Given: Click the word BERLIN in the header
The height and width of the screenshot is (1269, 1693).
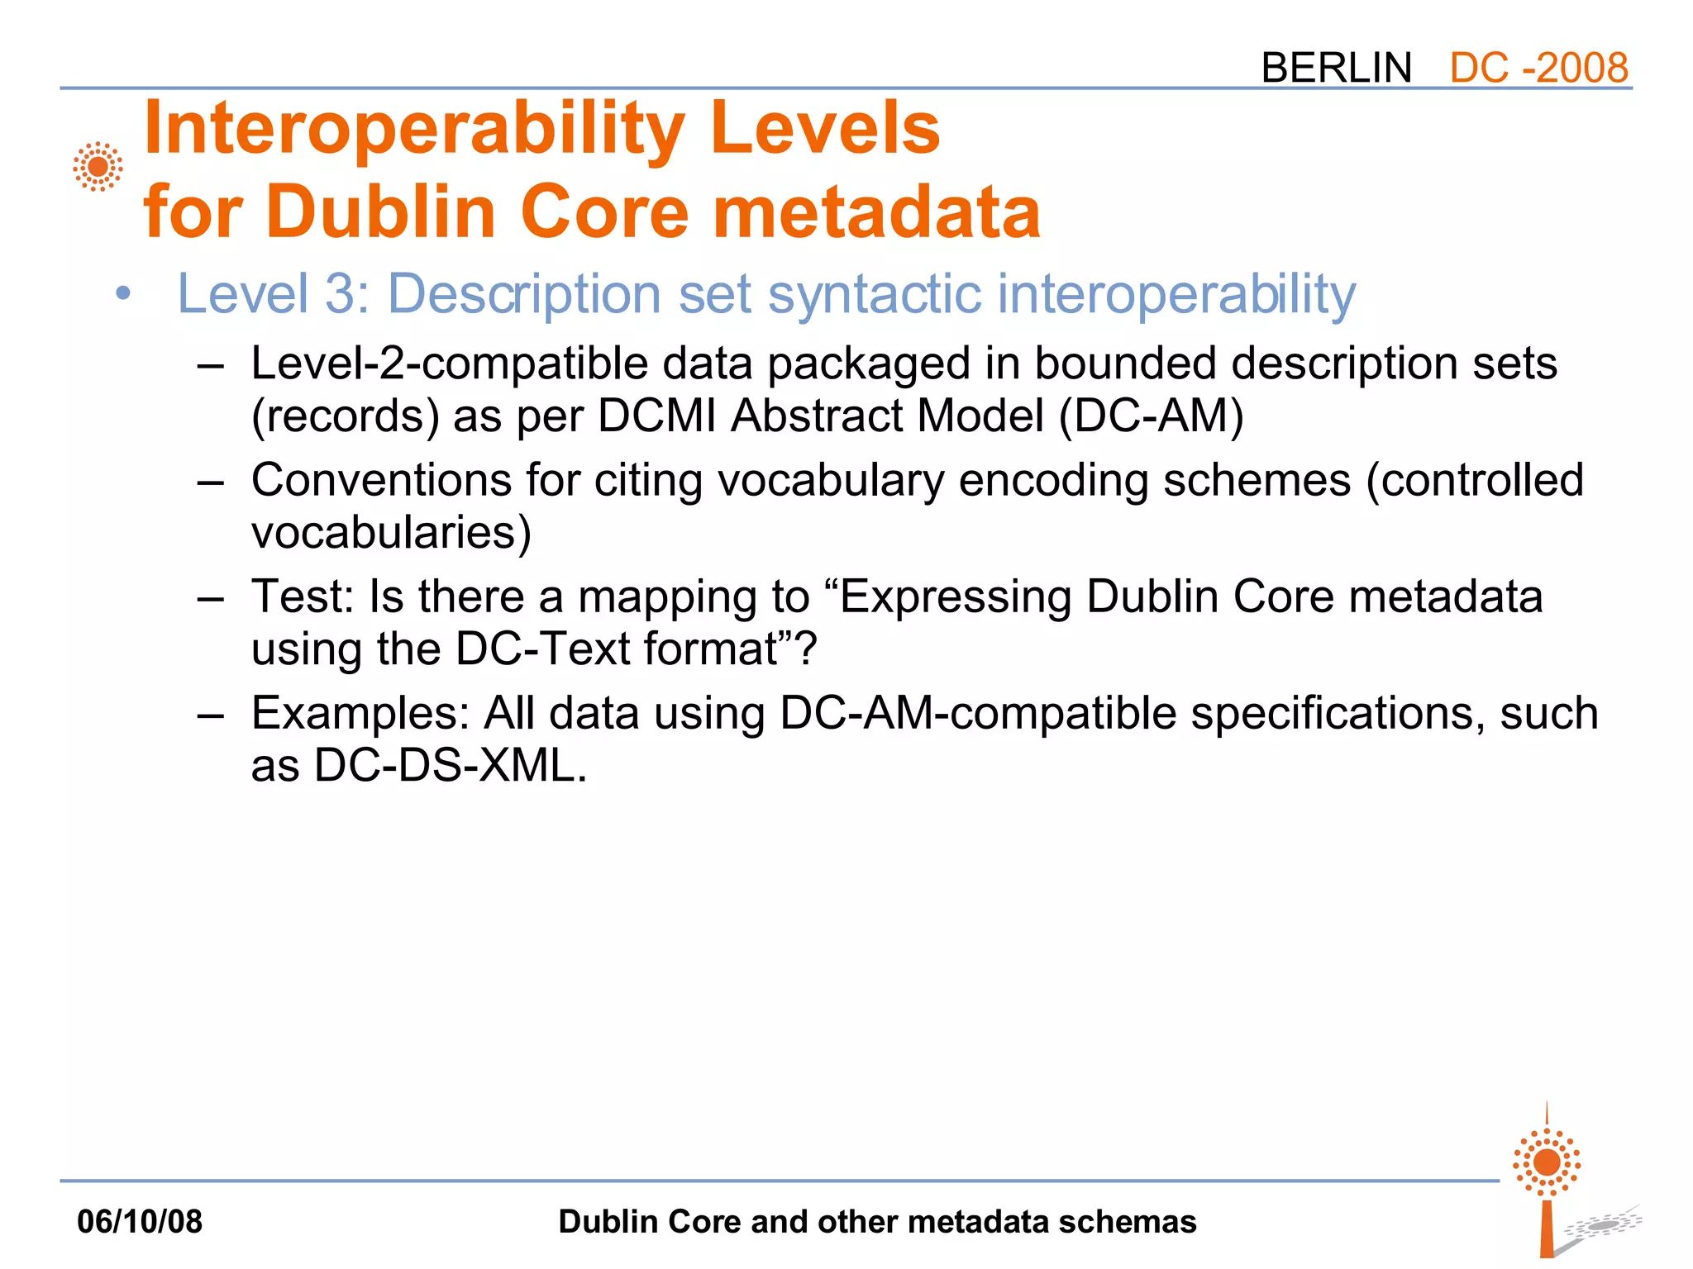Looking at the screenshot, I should (x=1336, y=68).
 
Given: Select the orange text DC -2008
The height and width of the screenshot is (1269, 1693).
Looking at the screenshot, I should (x=1538, y=68).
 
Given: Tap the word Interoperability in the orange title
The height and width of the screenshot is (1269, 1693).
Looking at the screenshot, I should (x=413, y=130).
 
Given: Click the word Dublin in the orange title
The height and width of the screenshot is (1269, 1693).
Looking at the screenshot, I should (x=380, y=212).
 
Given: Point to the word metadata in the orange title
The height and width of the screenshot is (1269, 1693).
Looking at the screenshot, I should (x=876, y=212).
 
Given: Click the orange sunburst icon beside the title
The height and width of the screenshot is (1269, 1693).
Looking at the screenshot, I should (x=98, y=167).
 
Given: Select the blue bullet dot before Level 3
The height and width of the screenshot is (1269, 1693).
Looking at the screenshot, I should (x=123, y=293).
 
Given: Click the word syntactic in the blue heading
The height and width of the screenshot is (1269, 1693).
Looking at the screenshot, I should (x=874, y=295).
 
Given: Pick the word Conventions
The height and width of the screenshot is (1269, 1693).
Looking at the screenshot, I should (x=381, y=480).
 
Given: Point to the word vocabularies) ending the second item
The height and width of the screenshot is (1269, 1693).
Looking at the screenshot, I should (x=391, y=532).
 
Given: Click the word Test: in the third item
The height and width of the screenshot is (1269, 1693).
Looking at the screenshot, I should (x=303, y=596).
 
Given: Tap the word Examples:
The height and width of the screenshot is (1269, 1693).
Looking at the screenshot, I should (x=360, y=713).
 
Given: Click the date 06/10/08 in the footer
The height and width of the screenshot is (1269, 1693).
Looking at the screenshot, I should (x=140, y=1221).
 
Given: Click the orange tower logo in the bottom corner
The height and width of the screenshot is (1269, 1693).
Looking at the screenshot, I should (x=1548, y=1181).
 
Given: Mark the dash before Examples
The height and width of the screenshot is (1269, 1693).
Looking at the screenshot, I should (x=211, y=715).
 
